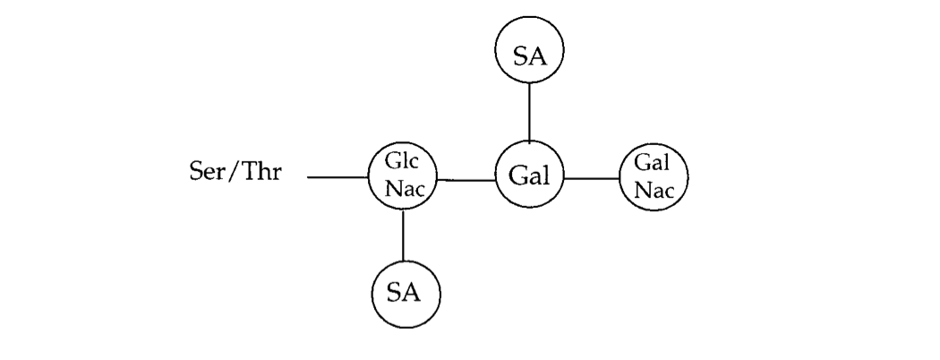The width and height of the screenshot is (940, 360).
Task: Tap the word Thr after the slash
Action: [260, 170]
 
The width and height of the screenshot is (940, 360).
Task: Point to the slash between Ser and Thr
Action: [230, 170]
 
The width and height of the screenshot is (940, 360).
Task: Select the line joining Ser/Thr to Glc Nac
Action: [338, 178]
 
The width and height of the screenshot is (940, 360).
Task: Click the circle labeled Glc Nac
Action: [404, 178]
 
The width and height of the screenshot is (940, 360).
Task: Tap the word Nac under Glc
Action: [404, 189]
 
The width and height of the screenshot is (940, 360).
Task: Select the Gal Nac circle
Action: [654, 177]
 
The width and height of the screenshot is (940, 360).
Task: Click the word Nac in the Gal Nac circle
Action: [654, 189]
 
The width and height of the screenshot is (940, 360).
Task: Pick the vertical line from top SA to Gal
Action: [529, 114]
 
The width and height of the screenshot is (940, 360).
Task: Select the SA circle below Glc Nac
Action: [406, 292]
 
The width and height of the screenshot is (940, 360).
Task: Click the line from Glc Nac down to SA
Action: [404, 235]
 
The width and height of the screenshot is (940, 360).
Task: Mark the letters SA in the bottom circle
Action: [406, 292]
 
